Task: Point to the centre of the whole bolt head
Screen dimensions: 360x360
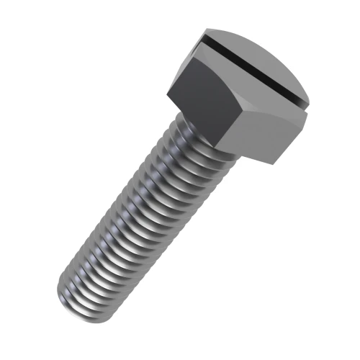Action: click(241, 94)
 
